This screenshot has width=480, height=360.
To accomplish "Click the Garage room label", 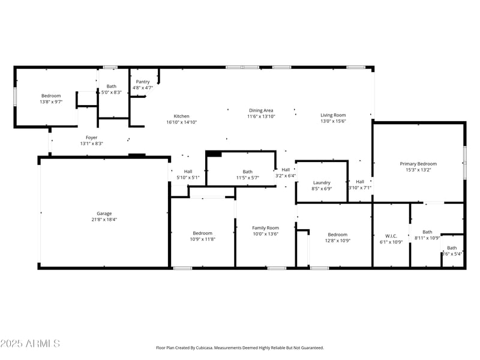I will click(x=104, y=214).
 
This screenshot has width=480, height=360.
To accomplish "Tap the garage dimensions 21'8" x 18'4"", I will click(x=104, y=220).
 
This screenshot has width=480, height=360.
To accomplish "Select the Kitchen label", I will click(x=181, y=116).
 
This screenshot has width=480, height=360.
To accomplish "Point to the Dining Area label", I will click(x=261, y=110).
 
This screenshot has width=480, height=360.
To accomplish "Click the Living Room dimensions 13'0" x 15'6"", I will click(x=333, y=121).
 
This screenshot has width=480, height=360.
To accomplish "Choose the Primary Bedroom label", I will click(x=418, y=164).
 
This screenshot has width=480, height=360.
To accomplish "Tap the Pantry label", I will click(x=143, y=82).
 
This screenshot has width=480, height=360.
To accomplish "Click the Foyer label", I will click(x=91, y=137).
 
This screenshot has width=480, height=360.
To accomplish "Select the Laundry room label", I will click(x=322, y=182).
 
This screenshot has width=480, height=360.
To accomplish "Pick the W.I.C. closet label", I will click(x=391, y=236).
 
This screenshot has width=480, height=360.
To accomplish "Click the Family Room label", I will click(x=265, y=228).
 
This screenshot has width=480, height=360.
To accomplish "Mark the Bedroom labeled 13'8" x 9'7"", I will click(x=51, y=96).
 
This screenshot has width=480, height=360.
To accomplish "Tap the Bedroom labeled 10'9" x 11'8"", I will click(x=202, y=233).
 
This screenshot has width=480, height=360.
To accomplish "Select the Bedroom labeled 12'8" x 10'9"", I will click(x=337, y=235).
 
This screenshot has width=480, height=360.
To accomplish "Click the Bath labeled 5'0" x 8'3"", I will click(x=112, y=86).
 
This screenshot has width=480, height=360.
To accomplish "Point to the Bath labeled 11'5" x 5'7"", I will click(x=247, y=172).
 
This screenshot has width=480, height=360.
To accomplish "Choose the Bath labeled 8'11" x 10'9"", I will click(x=427, y=232).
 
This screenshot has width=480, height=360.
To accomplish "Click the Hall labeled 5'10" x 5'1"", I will click(x=188, y=172).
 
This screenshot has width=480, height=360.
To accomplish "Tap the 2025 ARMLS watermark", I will click(x=30, y=344).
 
